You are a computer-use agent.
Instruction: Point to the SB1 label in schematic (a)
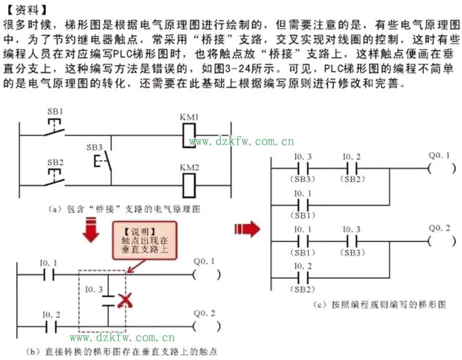click(55, 111)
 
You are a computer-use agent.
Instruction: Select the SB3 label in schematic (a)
click(94, 146)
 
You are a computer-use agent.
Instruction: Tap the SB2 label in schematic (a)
click(55, 162)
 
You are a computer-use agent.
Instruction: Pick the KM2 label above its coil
click(190, 168)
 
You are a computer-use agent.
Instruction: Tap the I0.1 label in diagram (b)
click(48, 262)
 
